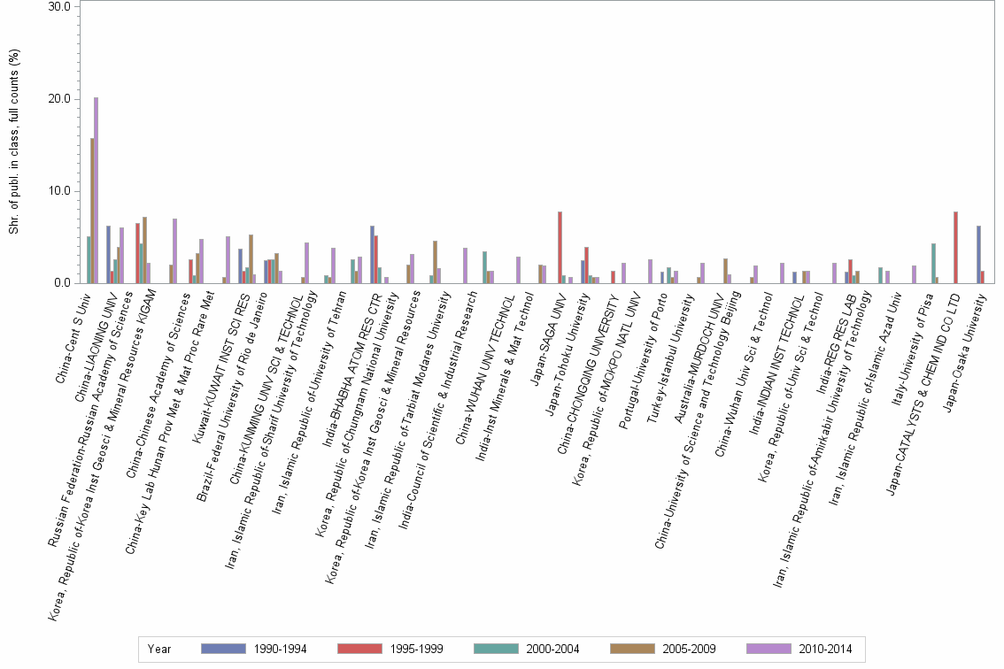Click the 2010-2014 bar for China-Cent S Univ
point(96,190)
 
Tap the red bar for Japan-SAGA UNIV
point(560,248)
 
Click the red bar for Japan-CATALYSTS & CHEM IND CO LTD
point(956,248)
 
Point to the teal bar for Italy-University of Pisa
point(933,264)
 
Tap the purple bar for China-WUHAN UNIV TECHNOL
point(518,270)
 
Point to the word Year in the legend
point(159,649)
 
